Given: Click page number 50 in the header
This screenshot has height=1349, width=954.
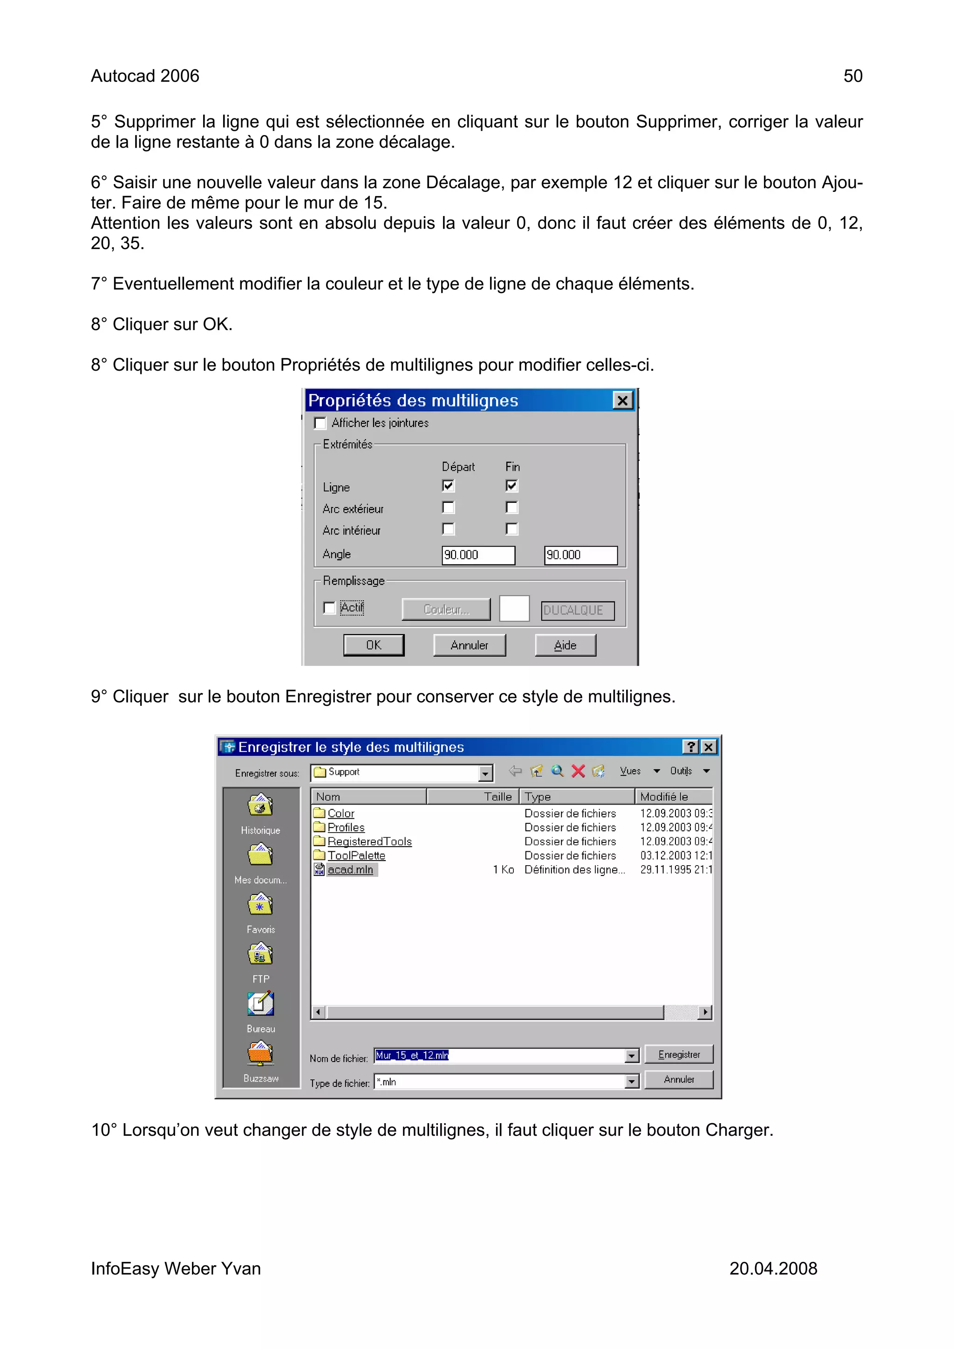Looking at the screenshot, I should (852, 76).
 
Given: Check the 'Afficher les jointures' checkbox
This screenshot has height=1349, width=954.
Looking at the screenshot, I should (320, 423).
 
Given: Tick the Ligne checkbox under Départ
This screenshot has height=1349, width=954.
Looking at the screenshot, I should (448, 486).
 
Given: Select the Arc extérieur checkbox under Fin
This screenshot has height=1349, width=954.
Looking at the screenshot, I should (511, 507).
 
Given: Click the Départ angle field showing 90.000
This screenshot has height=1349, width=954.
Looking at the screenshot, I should (477, 555).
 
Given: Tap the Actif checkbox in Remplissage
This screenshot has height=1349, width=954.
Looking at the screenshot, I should (330, 608).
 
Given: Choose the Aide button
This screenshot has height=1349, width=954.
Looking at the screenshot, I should (565, 645).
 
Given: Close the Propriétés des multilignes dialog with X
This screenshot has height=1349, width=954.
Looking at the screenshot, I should (622, 401).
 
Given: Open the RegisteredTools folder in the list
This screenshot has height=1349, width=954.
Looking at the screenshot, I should (369, 841).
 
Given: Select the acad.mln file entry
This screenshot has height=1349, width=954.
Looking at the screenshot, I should (350, 869).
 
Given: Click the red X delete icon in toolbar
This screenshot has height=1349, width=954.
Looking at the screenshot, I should (578, 771).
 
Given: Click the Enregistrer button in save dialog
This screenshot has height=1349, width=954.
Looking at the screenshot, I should (678, 1055).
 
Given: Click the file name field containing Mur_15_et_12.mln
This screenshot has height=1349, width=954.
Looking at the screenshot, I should (500, 1056).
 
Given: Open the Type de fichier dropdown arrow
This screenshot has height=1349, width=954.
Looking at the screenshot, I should (631, 1082).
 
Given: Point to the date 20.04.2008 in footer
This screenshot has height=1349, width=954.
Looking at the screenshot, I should (772, 1268).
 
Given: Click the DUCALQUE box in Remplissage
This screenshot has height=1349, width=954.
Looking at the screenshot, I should (577, 610).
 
